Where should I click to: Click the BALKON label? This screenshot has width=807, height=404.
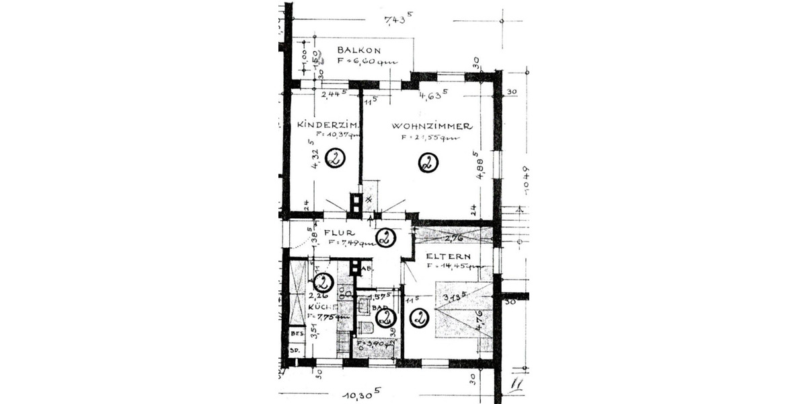(x=359, y=50)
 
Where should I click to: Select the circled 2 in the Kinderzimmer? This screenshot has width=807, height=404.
(x=334, y=159)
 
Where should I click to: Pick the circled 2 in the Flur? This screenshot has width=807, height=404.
(x=385, y=238)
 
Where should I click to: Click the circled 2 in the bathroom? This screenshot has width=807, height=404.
(x=385, y=317)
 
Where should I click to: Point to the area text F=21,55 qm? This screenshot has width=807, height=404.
(x=430, y=137)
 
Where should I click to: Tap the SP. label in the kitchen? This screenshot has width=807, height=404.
(x=295, y=350)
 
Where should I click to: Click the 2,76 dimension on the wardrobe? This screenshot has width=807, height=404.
(x=455, y=237)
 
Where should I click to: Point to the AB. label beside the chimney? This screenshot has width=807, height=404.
(x=367, y=269)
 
